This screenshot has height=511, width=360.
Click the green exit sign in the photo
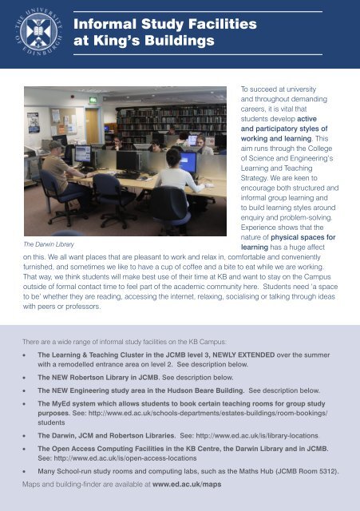click(93, 100)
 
